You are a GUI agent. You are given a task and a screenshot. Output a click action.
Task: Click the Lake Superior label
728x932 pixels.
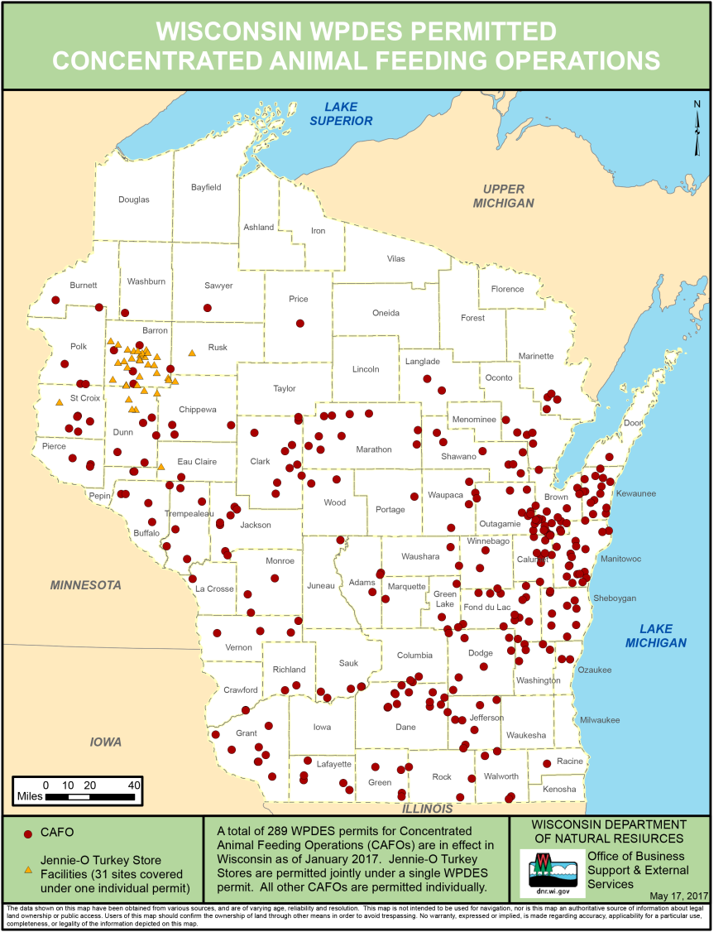pos(341,113)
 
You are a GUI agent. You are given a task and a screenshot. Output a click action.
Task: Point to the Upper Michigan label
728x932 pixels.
pos(504,196)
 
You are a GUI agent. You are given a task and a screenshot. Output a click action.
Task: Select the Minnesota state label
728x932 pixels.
pos(86,585)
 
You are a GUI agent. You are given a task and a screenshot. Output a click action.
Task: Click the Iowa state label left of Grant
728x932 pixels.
pos(106,742)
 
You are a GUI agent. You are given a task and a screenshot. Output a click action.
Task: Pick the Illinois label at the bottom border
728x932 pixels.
pos(428,809)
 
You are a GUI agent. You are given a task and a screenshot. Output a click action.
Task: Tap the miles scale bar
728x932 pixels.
pos(89,796)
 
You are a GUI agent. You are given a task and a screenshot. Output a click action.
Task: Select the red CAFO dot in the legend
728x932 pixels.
pos(27,834)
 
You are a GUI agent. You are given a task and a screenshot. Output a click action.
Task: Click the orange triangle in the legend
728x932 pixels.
pos(28,869)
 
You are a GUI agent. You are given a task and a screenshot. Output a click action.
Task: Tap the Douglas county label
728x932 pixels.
pos(134,199)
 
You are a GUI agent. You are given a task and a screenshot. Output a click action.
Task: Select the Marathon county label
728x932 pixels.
pos(373,449)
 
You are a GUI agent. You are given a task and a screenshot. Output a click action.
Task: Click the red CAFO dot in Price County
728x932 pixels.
pos(300,324)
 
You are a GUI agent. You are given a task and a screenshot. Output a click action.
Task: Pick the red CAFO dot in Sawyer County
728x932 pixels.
pos(208,308)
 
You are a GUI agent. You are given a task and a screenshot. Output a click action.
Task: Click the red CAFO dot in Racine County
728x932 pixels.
pos(547,764)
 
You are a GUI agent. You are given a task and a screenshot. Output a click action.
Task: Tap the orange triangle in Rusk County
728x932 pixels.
pos(192,353)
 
